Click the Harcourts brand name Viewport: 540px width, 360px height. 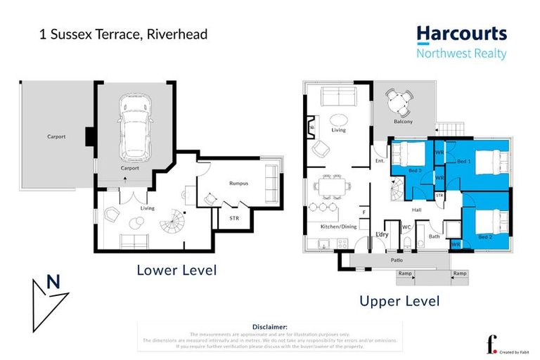[x=461, y=34]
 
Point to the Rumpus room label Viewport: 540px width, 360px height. [x=238, y=183]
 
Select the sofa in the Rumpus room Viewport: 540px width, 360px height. [x=270, y=184]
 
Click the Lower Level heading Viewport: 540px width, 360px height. [x=176, y=269]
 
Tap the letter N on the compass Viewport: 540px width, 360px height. [x=52, y=283]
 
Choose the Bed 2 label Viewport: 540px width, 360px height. [x=485, y=237]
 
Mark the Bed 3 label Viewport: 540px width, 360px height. [x=415, y=170]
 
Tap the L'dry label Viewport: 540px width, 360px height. [x=382, y=233]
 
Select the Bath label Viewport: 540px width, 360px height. [x=434, y=237]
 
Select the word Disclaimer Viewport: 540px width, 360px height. [x=269, y=327]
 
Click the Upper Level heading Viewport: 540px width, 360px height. [x=399, y=301]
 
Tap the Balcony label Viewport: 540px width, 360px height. [x=403, y=122]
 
